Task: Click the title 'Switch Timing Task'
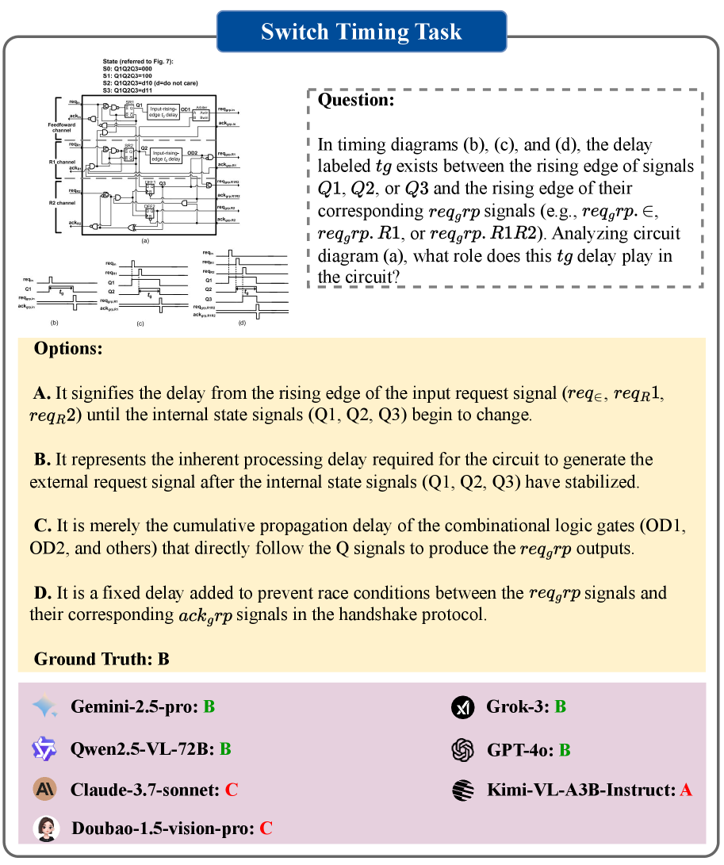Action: (x=362, y=32)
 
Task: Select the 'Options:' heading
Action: (x=67, y=350)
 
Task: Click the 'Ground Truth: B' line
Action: (x=102, y=659)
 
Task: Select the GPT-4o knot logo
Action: (x=462, y=748)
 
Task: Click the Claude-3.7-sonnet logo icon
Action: (x=44, y=790)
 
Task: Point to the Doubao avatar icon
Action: (x=45, y=829)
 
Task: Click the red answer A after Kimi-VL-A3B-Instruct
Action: (x=686, y=790)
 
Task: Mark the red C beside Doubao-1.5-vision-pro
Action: (x=266, y=829)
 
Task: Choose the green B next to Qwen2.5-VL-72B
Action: (x=225, y=748)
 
